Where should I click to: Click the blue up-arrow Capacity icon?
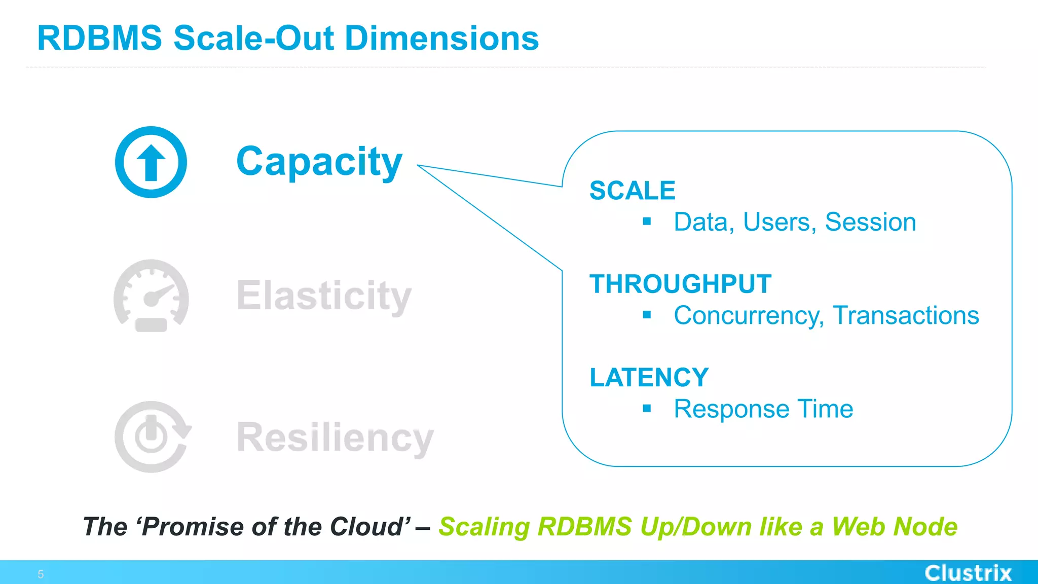point(151,162)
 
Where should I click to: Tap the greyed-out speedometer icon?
point(151,296)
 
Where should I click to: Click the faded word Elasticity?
point(324,296)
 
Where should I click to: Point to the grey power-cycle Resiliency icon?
point(152,437)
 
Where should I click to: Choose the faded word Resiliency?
point(335,437)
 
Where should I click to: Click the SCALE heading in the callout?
point(632,191)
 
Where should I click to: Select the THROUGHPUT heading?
point(680,284)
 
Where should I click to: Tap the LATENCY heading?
point(649,378)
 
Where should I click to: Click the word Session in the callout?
point(870,222)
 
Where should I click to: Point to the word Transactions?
point(906,315)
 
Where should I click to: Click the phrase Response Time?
point(763,409)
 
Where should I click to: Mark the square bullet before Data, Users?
point(647,221)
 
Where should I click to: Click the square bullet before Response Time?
point(647,408)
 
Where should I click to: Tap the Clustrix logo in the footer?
point(968,573)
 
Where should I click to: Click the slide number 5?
point(41,574)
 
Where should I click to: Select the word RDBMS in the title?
point(99,39)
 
